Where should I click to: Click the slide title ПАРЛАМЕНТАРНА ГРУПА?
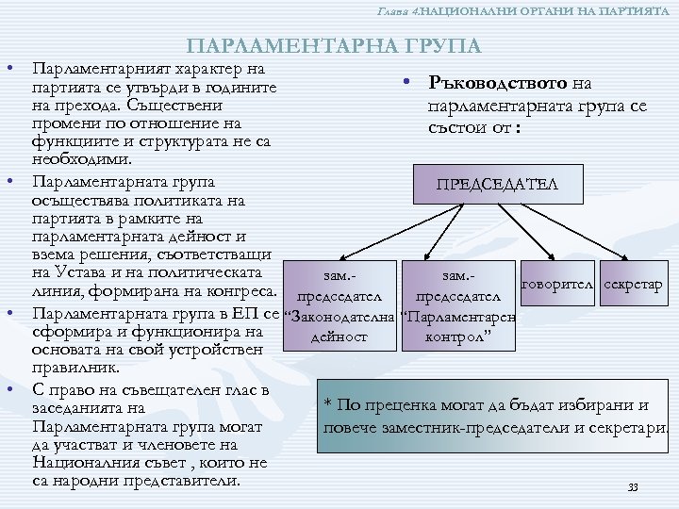point(334,46)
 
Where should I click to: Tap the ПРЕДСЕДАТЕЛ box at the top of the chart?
point(497,184)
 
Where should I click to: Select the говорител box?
point(558,284)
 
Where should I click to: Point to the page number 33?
point(633,487)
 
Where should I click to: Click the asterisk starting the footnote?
point(327,406)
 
